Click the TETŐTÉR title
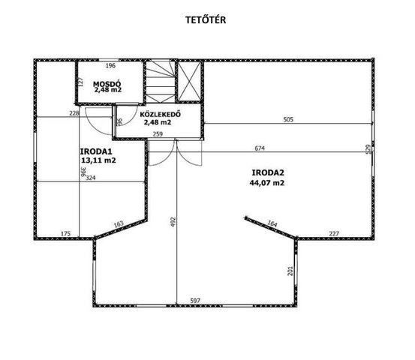coord(206,20)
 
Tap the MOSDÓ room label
coord(107,84)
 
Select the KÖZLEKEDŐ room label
coord(161,115)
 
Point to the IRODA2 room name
coord(268,172)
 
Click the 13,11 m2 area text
coord(99,160)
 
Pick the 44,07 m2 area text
coord(267,183)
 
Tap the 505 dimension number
coord(288,119)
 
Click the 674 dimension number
coord(260,148)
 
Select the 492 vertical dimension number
coord(173,223)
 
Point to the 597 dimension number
coord(195,301)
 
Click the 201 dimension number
coord(290,271)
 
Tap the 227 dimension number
coord(334,234)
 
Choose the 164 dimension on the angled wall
coord(272,223)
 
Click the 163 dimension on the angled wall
coord(119,224)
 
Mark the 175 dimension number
coord(66,234)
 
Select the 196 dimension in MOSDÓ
coord(110,65)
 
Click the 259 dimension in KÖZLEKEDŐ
coord(158,134)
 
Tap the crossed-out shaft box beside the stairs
coord(189,81)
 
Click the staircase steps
coord(161,82)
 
